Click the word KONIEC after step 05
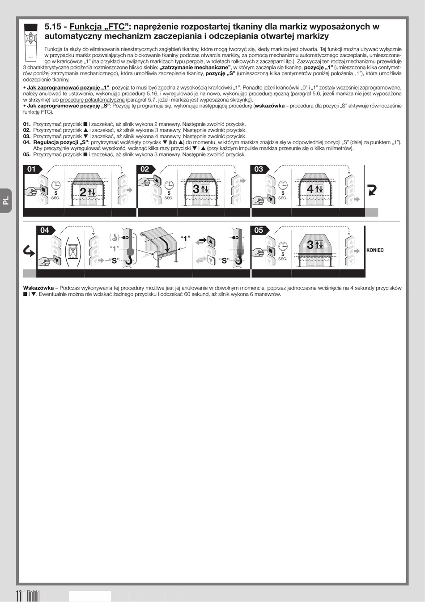375,250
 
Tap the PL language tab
6,201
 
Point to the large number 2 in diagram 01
83,192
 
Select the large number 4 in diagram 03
310,189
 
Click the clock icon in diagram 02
169,185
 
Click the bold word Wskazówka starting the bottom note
38,288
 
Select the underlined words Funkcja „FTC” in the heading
99,26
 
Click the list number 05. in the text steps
27,154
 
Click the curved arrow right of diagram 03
372,190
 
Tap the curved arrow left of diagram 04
29,252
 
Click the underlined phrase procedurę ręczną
269,94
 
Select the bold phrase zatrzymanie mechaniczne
195,67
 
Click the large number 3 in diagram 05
310,244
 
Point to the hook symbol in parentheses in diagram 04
114,238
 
